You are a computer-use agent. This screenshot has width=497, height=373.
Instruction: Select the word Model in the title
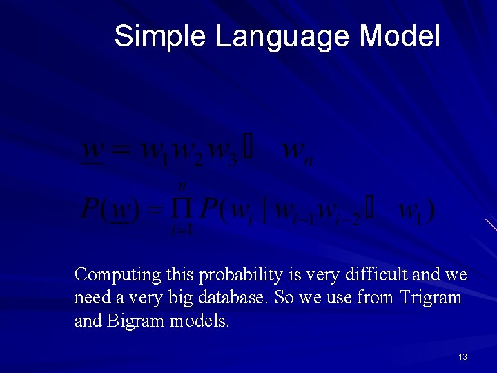(x=399, y=36)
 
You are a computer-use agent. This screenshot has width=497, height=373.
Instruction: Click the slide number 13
(x=462, y=356)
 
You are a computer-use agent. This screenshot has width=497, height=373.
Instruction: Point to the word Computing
(x=117, y=275)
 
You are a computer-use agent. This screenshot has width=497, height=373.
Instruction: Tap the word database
(x=237, y=298)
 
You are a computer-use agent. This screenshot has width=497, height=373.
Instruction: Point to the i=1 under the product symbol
(x=182, y=230)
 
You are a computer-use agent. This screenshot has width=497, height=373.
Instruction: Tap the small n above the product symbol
(x=183, y=185)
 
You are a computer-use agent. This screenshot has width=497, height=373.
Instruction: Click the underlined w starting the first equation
(x=93, y=150)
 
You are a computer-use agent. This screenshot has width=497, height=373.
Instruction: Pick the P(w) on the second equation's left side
(x=110, y=209)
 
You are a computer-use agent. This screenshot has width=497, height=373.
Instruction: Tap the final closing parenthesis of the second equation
(x=431, y=209)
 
